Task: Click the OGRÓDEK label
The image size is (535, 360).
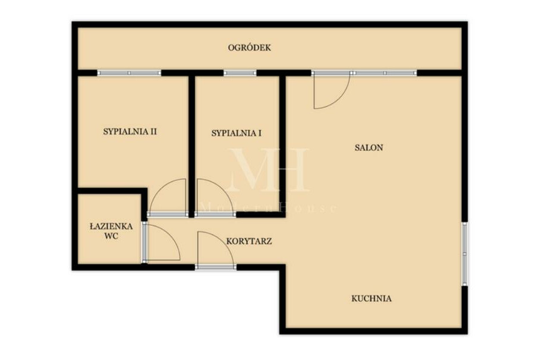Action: (249, 48)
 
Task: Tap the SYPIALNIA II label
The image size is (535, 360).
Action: (130, 132)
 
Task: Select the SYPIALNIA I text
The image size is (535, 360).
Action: (237, 133)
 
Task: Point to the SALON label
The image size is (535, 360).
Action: (369, 147)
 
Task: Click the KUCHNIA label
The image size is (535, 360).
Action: (372, 299)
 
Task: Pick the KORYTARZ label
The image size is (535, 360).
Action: (249, 241)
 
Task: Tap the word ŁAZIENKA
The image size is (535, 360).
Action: (111, 226)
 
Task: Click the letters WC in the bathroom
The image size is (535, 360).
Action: (112, 236)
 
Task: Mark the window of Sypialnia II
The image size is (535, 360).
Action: (129, 73)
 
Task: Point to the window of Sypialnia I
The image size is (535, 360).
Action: (240, 73)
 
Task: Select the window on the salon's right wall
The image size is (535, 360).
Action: (464, 254)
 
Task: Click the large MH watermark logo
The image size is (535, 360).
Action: (269, 169)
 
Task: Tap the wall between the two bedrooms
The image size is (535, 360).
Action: (192, 147)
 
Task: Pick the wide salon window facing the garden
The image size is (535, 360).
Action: (364, 73)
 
